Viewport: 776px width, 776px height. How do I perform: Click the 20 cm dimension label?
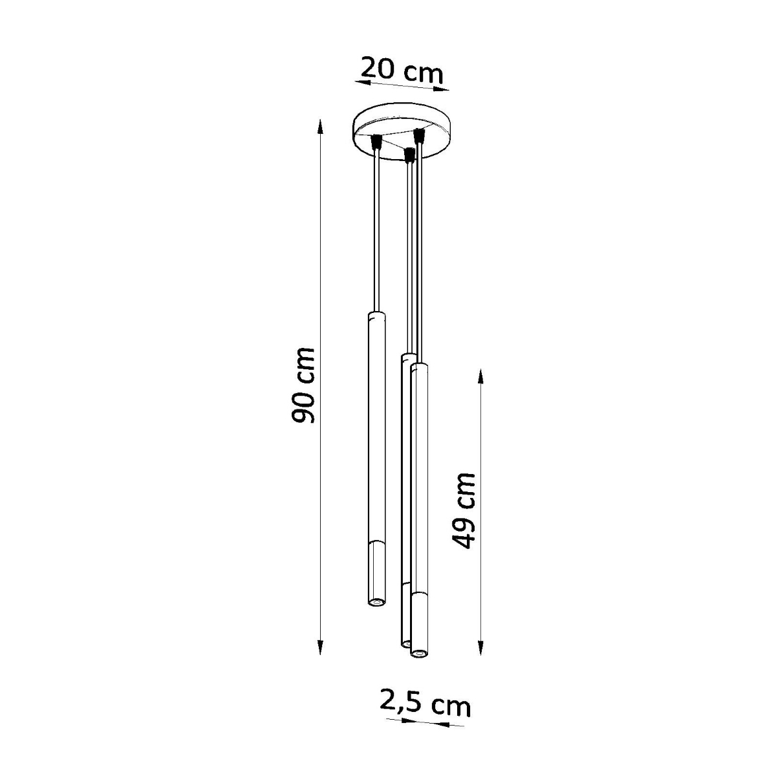(401, 69)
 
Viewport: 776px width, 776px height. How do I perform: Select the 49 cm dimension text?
(464, 510)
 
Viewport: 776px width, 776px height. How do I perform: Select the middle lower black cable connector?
(408, 155)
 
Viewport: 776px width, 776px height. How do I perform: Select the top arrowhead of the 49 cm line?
(480, 374)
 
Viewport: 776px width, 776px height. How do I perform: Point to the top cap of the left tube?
(375, 316)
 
